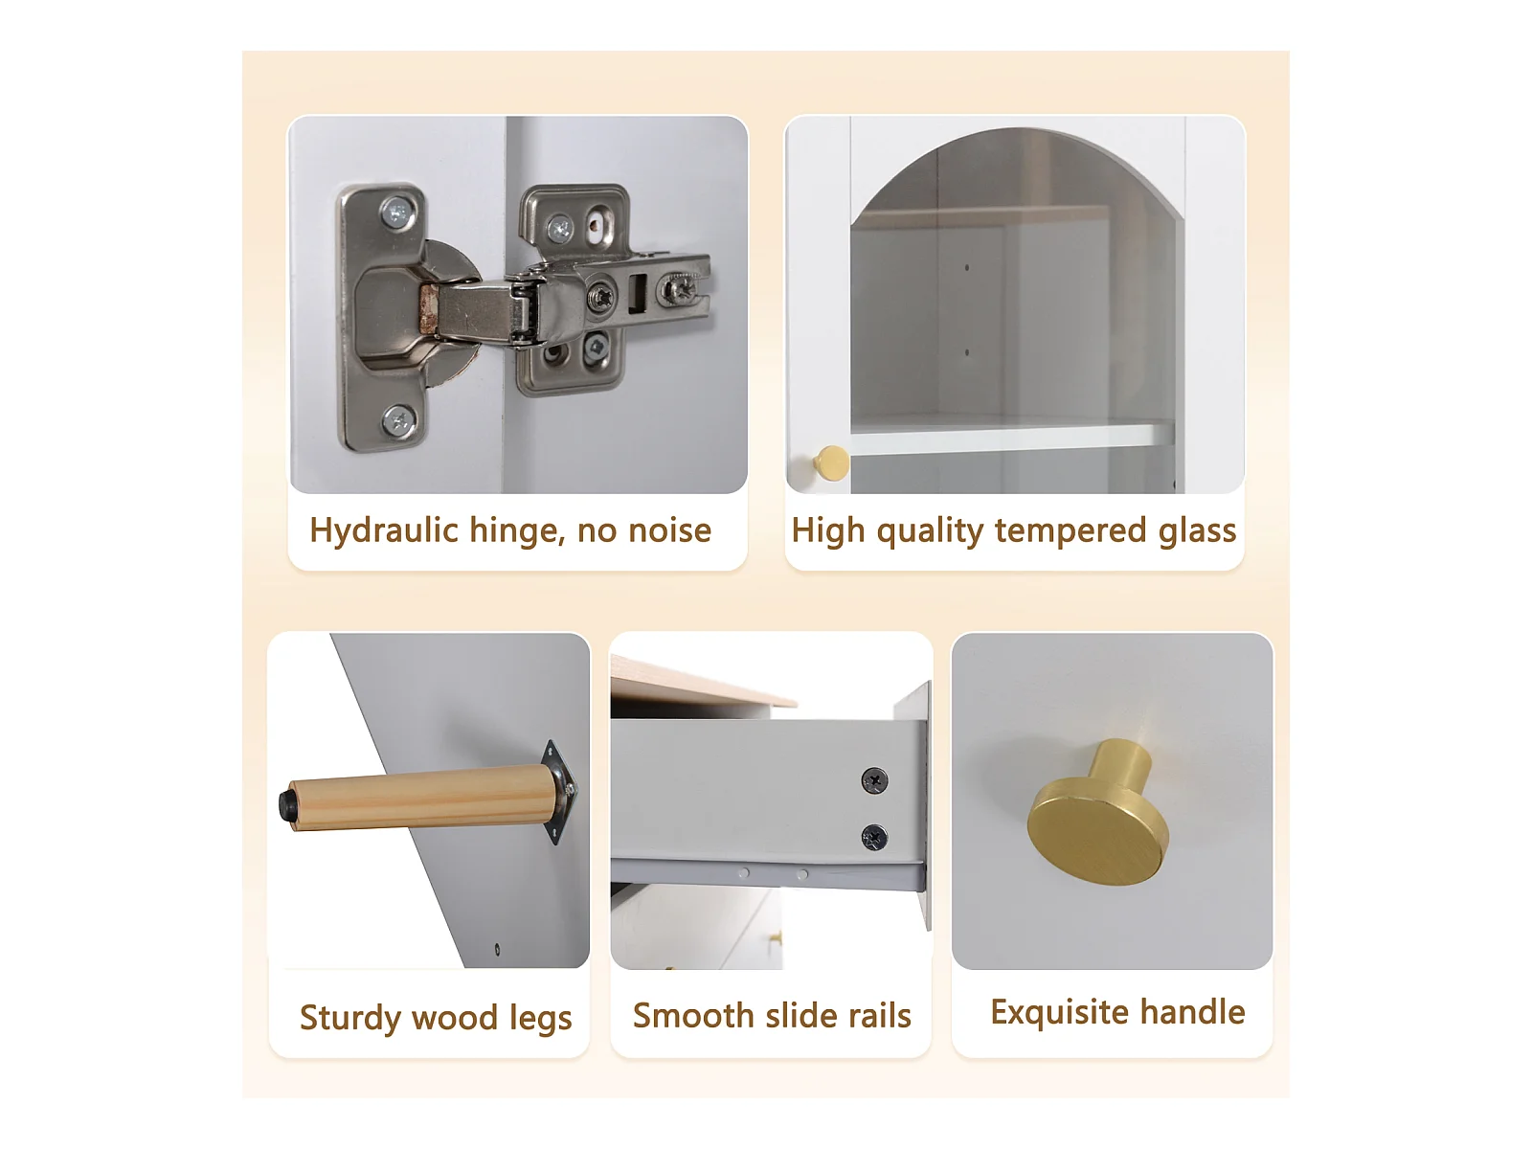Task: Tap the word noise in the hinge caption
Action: pyautogui.click(x=669, y=530)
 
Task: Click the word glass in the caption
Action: pyautogui.click(x=1197, y=531)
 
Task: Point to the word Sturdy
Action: pyautogui.click(x=349, y=1018)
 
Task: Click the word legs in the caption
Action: pyautogui.click(x=540, y=1019)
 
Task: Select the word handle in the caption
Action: pyautogui.click(x=1192, y=1011)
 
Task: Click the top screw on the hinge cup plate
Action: pyautogui.click(x=397, y=211)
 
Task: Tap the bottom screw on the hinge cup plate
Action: pyautogui.click(x=398, y=420)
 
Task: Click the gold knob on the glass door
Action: pyautogui.click(x=831, y=463)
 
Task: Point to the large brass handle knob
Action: pyautogui.click(x=1098, y=817)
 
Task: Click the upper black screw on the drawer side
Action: pyautogui.click(x=874, y=779)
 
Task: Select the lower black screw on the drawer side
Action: pyautogui.click(x=874, y=837)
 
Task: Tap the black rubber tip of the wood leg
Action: pyautogui.click(x=287, y=806)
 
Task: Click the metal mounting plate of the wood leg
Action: pyautogui.click(x=560, y=793)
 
